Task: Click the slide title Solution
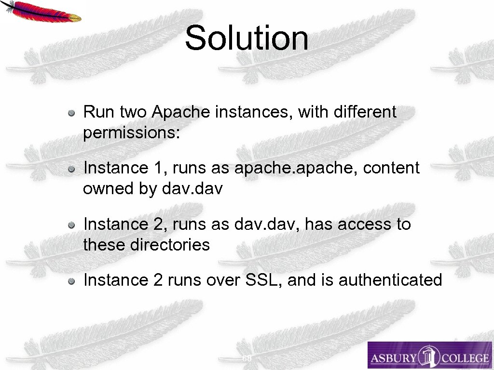[x=247, y=38]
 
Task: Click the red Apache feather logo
[x=41, y=11]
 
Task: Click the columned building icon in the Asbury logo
[x=428, y=357]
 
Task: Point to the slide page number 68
[x=247, y=359]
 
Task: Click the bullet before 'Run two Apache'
[x=71, y=113]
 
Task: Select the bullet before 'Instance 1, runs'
[x=71, y=169]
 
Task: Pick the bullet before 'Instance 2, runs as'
[x=71, y=225]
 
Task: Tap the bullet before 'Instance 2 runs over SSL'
[x=71, y=281]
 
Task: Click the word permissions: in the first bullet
[x=131, y=133]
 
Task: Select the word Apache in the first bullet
[x=181, y=112]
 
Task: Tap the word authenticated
[x=390, y=280]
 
